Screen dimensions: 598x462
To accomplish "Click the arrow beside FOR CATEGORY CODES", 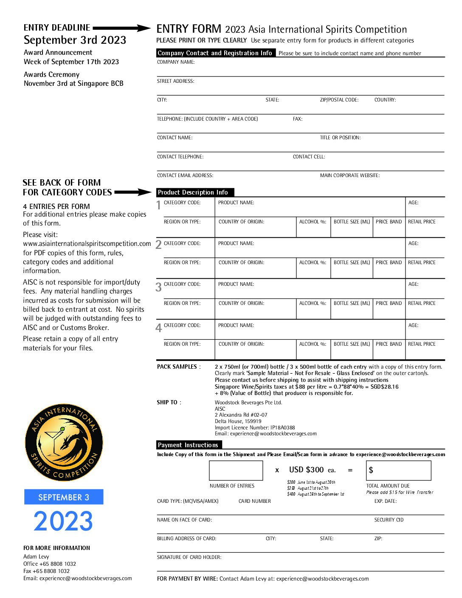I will pyautogui.click(x=132, y=192).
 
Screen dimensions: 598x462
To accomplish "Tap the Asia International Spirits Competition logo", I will pyautogui.click(x=64, y=442).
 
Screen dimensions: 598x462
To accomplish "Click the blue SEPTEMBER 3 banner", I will pyautogui.click(x=64, y=497).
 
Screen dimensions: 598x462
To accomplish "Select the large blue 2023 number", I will pyautogui.click(x=63, y=521).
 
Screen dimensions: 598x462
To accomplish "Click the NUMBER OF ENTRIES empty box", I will pyautogui.click(x=236, y=470).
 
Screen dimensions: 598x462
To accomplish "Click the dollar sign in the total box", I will pyautogui.click(x=371, y=470).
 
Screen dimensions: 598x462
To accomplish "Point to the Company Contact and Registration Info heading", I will pyautogui.click(x=215, y=53).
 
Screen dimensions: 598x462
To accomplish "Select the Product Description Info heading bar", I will pyautogui.click(x=195, y=192).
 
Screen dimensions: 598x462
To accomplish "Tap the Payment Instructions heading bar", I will pyautogui.click(x=189, y=445).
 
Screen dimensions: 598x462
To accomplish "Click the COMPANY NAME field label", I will pyautogui.click(x=176, y=62).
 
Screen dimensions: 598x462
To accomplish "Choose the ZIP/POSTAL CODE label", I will pyautogui.click(x=339, y=100).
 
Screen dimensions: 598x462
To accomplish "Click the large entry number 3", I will pyautogui.click(x=158, y=288).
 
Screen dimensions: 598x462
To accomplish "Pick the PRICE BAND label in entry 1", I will pyautogui.click(x=389, y=222).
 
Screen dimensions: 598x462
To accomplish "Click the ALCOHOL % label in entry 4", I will pyautogui.click(x=313, y=344).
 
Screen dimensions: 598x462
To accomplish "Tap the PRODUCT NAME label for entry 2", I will pyautogui.click(x=236, y=243).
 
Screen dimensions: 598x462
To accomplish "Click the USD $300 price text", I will pyautogui.click(x=307, y=470).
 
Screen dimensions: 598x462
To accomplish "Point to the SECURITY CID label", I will pyautogui.click(x=389, y=520).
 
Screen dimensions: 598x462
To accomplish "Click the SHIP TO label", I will pyautogui.click(x=169, y=402).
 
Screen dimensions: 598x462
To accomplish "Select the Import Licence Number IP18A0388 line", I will pyautogui.click(x=255, y=428).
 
